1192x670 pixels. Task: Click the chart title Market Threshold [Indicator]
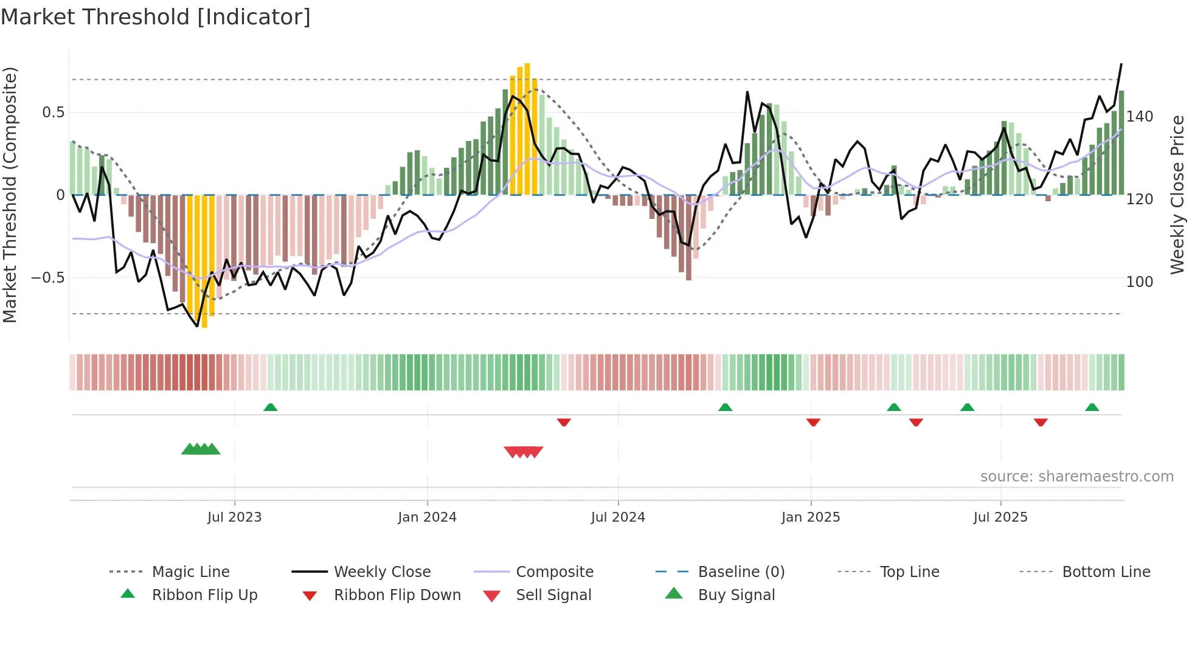pyautogui.click(x=156, y=17)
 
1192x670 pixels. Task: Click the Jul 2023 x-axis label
pyautogui.click(x=234, y=517)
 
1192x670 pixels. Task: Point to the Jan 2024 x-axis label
pyautogui.click(x=427, y=517)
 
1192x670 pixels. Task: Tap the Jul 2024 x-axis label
pyautogui.click(x=618, y=517)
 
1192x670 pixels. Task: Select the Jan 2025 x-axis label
pyautogui.click(x=811, y=517)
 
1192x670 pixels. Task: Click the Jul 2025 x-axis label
pyautogui.click(x=1000, y=517)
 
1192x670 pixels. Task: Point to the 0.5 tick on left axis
pyautogui.click(x=53, y=112)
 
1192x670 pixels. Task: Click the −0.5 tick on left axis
pyautogui.click(x=47, y=278)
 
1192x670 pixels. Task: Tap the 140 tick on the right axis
pyautogui.click(x=1139, y=117)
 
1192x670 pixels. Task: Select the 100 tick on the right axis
pyautogui.click(x=1139, y=282)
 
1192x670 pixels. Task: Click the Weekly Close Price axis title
pyautogui.click(x=1177, y=195)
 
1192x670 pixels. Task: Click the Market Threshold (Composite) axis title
pyautogui.click(x=10, y=195)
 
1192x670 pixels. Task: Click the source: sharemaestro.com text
pyautogui.click(x=1076, y=477)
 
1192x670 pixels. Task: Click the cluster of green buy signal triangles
pyautogui.click(x=201, y=449)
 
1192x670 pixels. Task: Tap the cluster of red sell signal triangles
pyautogui.click(x=524, y=452)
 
